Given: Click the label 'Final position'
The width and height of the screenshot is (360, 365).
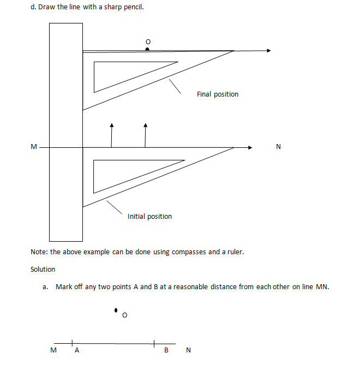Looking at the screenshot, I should coord(218,94).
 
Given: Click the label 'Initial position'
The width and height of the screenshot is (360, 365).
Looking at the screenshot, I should coord(149,217).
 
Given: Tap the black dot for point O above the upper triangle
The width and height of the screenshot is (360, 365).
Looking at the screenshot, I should coord(147,49).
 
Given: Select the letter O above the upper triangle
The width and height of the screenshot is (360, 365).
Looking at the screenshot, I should coord(147,41).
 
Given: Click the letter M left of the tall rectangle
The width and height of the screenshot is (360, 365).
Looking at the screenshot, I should coord(34,147).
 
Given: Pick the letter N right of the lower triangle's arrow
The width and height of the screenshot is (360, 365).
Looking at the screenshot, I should coord(279,147).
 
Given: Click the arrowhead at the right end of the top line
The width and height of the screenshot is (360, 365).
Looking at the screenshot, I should coord(268,51).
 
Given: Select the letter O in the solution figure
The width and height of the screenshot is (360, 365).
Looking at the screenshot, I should coord(124,315).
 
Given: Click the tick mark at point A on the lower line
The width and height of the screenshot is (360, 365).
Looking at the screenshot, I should coord(72,343).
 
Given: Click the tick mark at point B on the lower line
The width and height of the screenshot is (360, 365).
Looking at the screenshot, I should coord(154,343).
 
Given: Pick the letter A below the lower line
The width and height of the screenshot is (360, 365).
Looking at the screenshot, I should coord(77,351).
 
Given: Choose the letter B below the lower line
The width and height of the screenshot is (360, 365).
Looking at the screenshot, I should coord(166,351).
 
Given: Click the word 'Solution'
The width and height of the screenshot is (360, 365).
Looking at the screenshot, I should coord(43,269).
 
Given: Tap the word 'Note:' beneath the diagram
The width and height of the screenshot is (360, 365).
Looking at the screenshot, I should coord(39,252).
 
